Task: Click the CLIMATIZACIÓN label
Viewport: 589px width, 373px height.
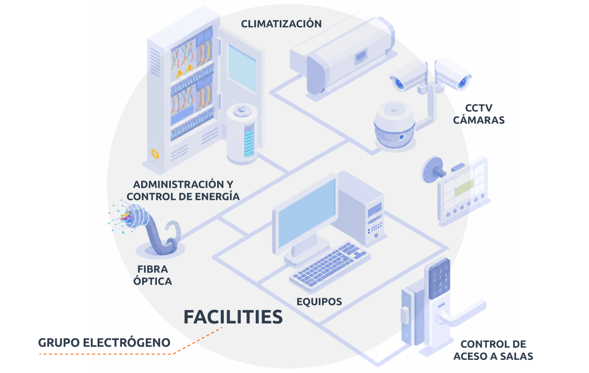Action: (x=281, y=24)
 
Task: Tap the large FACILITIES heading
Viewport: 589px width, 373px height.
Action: (x=233, y=317)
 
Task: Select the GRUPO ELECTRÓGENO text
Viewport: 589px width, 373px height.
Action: (x=104, y=342)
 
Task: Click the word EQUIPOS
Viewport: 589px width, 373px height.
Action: (x=319, y=302)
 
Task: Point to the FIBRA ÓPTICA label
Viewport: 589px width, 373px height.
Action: (x=153, y=275)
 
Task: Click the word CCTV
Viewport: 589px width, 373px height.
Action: (x=479, y=108)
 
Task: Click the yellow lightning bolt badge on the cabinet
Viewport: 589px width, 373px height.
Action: (x=155, y=154)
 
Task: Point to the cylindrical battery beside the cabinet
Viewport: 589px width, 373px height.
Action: (x=242, y=134)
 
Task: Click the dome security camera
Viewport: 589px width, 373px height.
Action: (x=394, y=126)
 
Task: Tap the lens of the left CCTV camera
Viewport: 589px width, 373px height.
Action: (x=399, y=84)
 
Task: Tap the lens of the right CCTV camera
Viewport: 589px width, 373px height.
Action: (x=463, y=82)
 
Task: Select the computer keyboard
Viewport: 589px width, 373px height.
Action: (x=330, y=266)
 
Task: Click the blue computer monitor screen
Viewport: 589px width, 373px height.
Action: (x=307, y=212)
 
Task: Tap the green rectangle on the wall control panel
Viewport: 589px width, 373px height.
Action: (x=464, y=188)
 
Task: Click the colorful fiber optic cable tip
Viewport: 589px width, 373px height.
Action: (x=126, y=217)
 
